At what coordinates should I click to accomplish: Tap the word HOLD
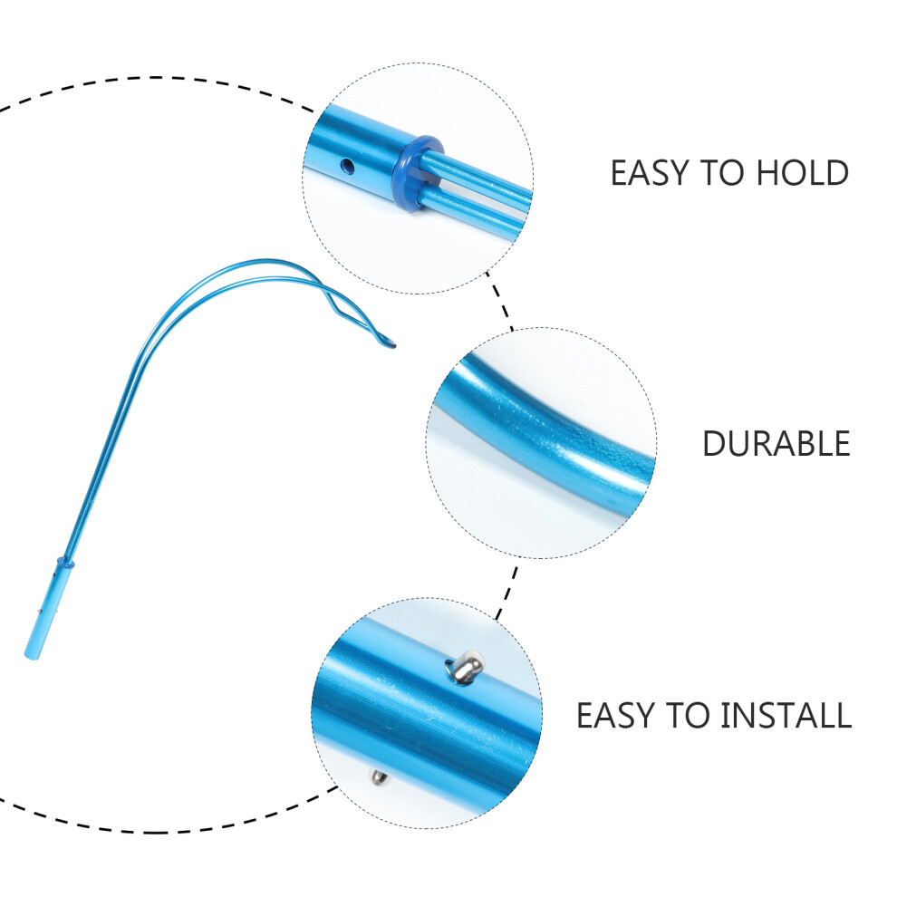pyautogui.click(x=803, y=172)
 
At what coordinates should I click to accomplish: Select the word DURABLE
pyautogui.click(x=776, y=443)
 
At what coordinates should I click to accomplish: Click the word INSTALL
pyautogui.click(x=786, y=715)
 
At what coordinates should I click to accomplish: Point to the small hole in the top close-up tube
pyautogui.click(x=347, y=167)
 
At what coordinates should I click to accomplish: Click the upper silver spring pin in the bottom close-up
pyautogui.click(x=467, y=667)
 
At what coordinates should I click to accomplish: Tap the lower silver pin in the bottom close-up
pyautogui.click(x=380, y=776)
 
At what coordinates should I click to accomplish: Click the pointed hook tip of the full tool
pyautogui.click(x=392, y=344)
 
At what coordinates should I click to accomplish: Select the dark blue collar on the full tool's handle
pyautogui.click(x=65, y=564)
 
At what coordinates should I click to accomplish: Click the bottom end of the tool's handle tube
pyautogui.click(x=30, y=656)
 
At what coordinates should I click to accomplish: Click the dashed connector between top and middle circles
pyautogui.click(x=499, y=301)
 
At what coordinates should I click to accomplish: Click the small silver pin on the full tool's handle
pyautogui.click(x=39, y=612)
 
